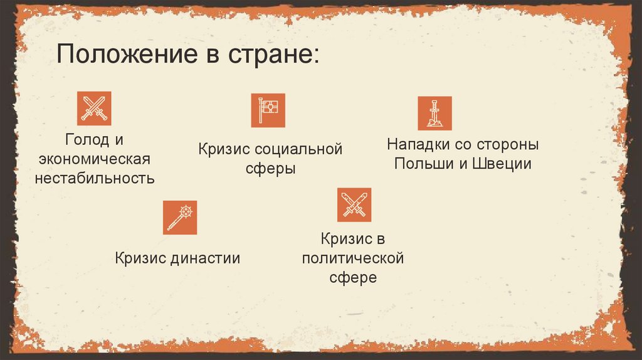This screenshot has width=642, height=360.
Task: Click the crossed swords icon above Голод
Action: pos(94,108)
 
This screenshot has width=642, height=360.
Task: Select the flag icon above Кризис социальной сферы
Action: pos(268,110)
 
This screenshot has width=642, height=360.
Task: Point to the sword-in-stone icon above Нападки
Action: pos(434,114)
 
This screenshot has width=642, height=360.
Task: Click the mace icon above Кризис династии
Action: pos(180,217)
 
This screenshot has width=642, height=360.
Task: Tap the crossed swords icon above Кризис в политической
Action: pos(354,204)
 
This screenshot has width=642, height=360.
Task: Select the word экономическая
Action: pos(94,157)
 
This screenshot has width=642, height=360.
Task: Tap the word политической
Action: pos(352,258)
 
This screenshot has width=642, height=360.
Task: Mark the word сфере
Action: pos(353,277)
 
